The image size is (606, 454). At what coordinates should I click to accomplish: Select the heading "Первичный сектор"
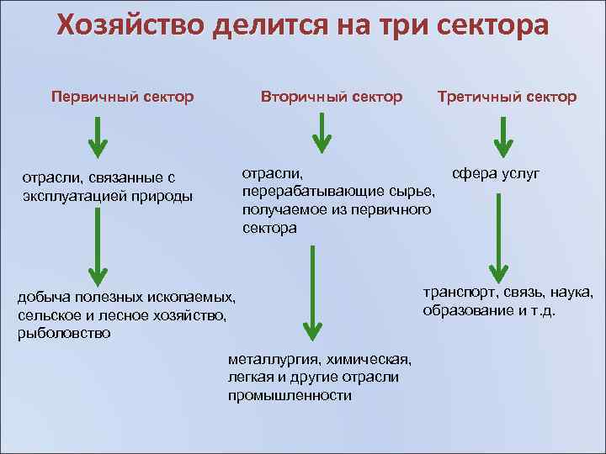(122, 97)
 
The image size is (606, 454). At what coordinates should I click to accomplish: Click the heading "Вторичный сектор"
(332, 97)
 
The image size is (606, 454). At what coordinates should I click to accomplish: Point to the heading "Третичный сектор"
(508, 97)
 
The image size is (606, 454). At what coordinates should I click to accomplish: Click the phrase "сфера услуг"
(496, 174)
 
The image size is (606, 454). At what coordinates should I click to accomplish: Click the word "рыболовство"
(63, 333)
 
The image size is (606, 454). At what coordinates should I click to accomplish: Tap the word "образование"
(467, 310)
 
